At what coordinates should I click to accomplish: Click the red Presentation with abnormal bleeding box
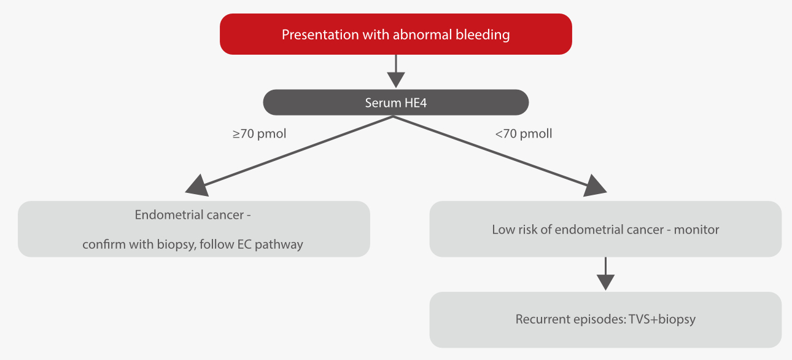(396, 34)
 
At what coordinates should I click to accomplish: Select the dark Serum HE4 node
(396, 103)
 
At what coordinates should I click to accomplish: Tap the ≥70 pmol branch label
(259, 133)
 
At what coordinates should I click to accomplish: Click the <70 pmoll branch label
(523, 133)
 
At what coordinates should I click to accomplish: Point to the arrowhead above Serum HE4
(396, 80)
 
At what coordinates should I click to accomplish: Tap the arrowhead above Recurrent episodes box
(605, 282)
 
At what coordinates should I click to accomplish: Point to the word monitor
(696, 230)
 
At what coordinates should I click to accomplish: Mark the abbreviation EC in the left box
(244, 244)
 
